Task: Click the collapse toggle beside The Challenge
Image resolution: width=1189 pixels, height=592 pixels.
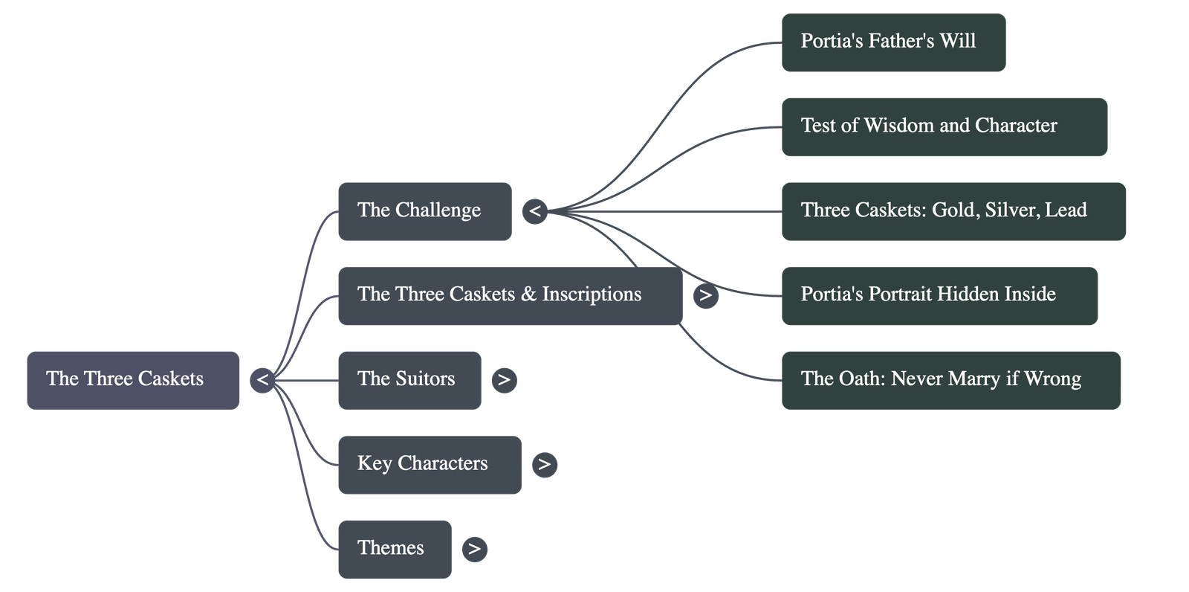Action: click(534, 212)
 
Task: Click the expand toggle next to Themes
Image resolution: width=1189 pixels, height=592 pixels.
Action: click(474, 550)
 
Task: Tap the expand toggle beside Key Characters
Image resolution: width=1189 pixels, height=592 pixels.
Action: click(544, 465)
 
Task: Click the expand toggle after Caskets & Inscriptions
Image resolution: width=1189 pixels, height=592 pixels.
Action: click(705, 296)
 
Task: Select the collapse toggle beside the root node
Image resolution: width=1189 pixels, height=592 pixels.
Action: click(262, 381)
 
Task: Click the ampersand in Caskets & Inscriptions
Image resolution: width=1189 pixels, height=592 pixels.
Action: click(528, 295)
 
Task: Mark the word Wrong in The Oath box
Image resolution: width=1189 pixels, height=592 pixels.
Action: click(1052, 379)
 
